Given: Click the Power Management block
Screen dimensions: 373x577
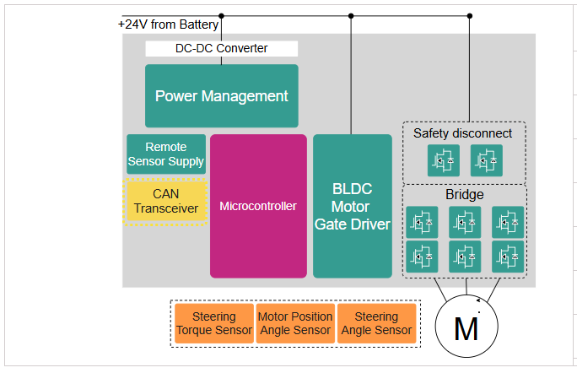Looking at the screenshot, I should (x=221, y=95).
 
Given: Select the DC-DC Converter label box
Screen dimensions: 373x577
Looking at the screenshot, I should (x=221, y=48).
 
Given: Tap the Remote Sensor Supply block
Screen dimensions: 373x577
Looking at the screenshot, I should (x=166, y=154).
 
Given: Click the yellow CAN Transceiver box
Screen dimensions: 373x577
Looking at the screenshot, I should (x=166, y=201).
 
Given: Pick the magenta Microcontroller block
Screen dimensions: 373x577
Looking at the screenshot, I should (x=258, y=206).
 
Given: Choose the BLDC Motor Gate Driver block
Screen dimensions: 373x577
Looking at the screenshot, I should (x=352, y=206).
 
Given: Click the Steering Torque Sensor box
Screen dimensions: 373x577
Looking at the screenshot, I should (x=213, y=324).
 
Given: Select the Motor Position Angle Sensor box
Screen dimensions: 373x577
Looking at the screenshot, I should (x=295, y=324).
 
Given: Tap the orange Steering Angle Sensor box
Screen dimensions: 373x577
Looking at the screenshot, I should (x=376, y=324).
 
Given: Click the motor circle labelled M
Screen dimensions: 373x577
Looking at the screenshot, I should (x=466, y=326).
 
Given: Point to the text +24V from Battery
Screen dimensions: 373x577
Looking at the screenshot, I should (x=169, y=24).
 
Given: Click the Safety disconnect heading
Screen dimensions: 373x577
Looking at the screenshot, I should (x=462, y=133).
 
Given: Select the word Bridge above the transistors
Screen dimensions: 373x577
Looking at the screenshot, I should (x=465, y=195).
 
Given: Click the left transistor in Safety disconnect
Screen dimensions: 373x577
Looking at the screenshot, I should (x=442, y=159).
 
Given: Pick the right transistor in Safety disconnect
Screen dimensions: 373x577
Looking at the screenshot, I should (x=486, y=159).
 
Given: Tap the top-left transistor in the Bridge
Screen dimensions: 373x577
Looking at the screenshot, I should (x=422, y=222).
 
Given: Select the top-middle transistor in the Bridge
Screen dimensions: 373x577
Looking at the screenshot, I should (x=465, y=222).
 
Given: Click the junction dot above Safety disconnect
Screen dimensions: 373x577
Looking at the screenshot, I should (x=470, y=15).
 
